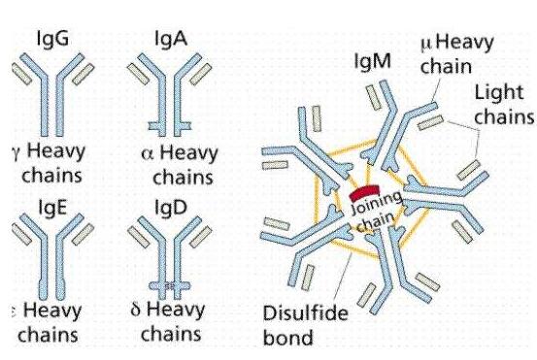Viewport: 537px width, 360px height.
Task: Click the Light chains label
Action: [504, 105]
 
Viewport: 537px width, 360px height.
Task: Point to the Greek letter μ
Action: [427, 45]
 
